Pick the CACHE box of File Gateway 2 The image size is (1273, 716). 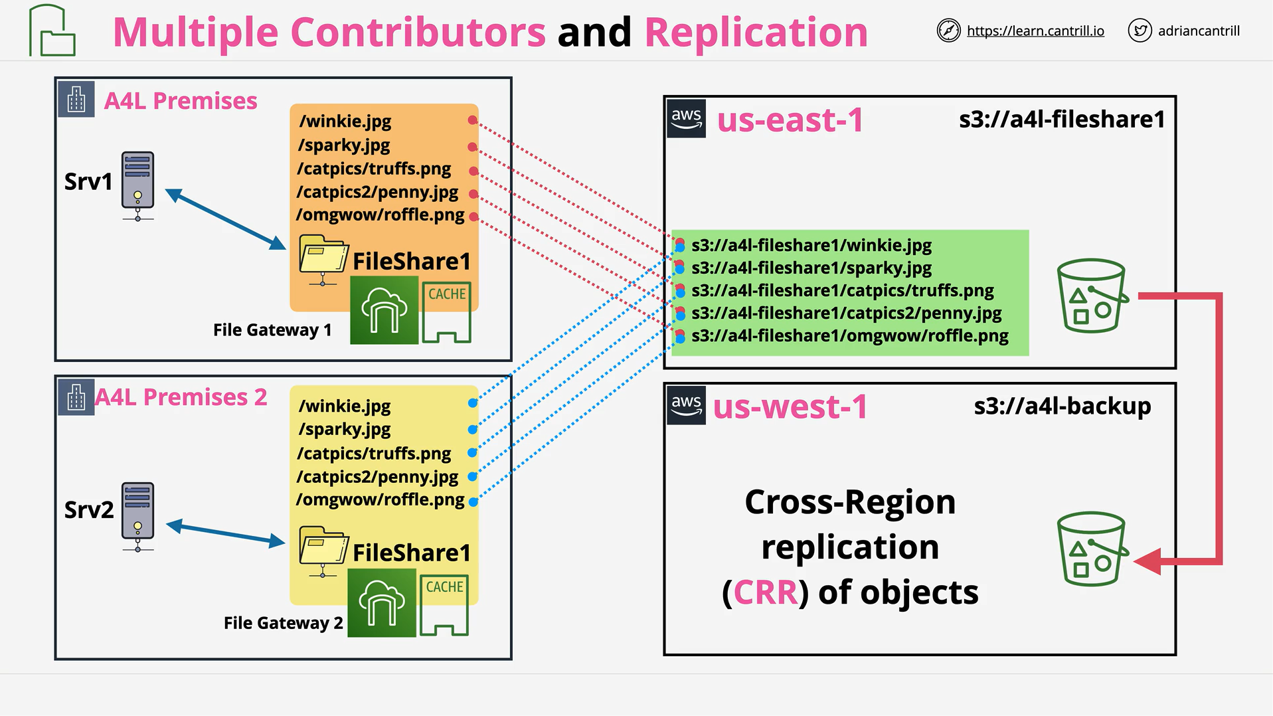click(x=444, y=605)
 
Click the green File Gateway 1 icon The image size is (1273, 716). click(x=384, y=310)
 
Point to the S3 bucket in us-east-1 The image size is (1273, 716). click(x=1092, y=296)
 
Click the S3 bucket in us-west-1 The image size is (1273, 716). click(x=1092, y=549)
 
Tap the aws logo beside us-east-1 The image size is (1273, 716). click(x=686, y=119)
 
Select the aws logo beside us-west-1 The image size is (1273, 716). click(x=686, y=405)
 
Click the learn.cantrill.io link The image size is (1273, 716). click(x=1035, y=31)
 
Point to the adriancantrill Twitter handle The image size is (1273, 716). click(x=1199, y=31)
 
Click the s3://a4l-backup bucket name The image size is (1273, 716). click(x=1062, y=406)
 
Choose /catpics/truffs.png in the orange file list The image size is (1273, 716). click(x=374, y=169)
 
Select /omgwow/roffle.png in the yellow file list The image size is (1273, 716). click(x=380, y=499)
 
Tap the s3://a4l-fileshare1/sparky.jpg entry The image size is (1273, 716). click(x=811, y=268)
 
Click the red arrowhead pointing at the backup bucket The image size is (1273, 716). click(x=1147, y=561)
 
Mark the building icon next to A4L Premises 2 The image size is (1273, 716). click(x=76, y=397)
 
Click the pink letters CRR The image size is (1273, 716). click(x=766, y=592)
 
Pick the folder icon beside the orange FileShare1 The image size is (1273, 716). click(x=323, y=260)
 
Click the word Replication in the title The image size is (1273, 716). click(x=756, y=32)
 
